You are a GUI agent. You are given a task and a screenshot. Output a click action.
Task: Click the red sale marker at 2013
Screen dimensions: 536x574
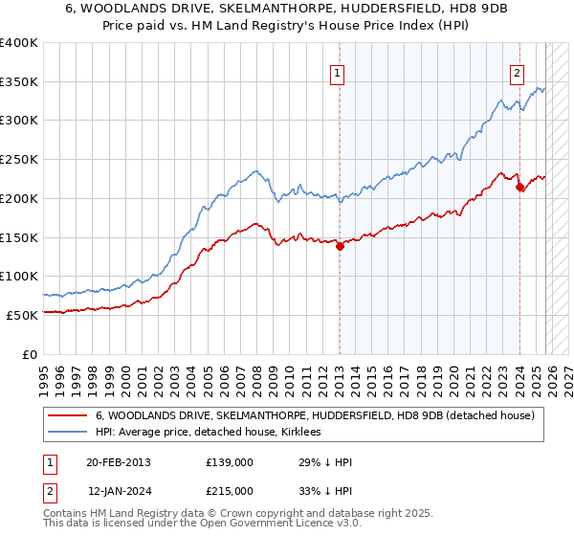340,246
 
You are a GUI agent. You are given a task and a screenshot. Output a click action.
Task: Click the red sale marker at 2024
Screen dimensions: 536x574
519,188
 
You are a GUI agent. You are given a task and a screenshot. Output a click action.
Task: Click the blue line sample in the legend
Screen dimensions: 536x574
69,433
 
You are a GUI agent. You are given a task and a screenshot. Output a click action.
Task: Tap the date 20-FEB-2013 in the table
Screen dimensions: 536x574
118,462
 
